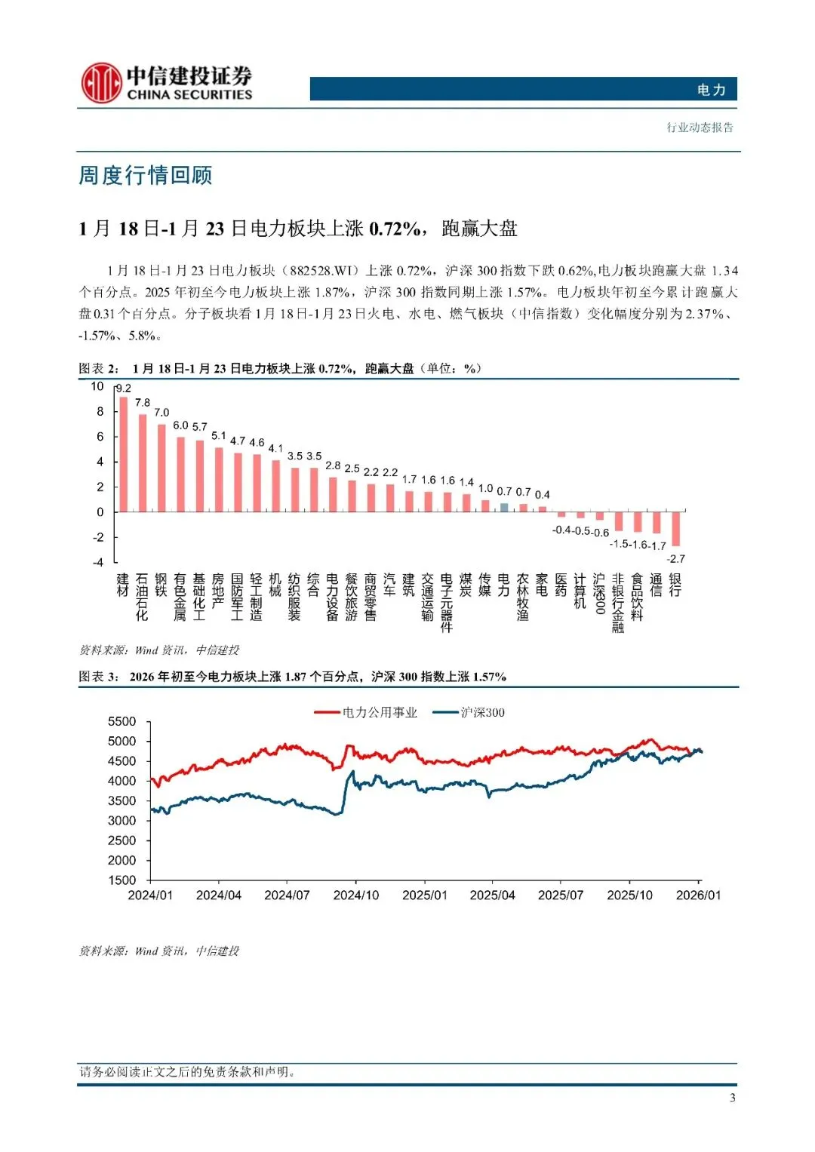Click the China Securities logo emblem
click(101, 83)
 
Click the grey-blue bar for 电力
click(504, 508)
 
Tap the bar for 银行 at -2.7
click(676, 529)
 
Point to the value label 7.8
click(143, 402)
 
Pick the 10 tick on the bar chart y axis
click(97, 386)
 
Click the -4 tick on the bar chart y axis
click(98, 562)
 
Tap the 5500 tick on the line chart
click(122, 721)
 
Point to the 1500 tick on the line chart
click(122, 880)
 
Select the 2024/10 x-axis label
click(356, 895)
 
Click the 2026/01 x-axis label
click(698, 895)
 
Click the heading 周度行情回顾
click(146, 175)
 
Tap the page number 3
click(732, 1098)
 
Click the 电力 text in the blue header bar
click(711, 90)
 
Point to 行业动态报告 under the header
click(700, 127)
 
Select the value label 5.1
click(219, 435)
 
